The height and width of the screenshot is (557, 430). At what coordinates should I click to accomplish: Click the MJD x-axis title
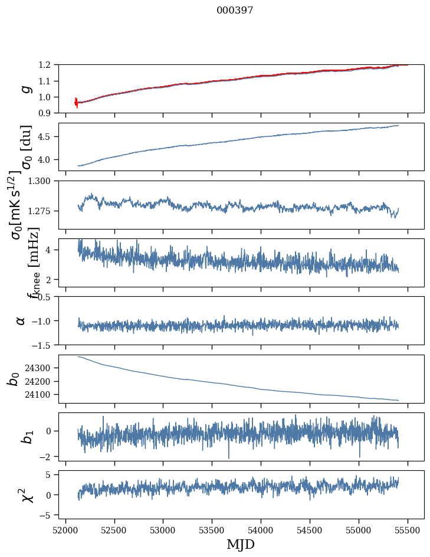(241, 544)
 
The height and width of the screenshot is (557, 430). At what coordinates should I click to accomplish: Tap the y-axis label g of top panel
(25, 89)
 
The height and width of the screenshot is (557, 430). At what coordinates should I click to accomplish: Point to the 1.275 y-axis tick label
(41, 211)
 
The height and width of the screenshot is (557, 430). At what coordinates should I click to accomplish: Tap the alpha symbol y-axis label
(21, 320)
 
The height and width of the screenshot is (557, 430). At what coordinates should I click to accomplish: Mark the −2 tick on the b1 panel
(47, 457)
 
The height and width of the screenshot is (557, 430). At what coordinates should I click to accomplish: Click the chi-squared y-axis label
(25, 495)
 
